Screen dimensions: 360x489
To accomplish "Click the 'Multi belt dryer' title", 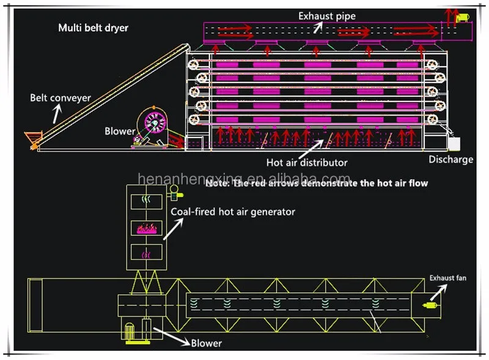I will point(94,28).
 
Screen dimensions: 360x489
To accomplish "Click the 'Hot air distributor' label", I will point(306,163).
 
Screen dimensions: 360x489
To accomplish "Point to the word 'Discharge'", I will point(450,160).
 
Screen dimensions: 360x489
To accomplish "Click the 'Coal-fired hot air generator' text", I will point(232,212).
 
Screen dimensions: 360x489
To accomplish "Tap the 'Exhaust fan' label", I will point(447,278).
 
